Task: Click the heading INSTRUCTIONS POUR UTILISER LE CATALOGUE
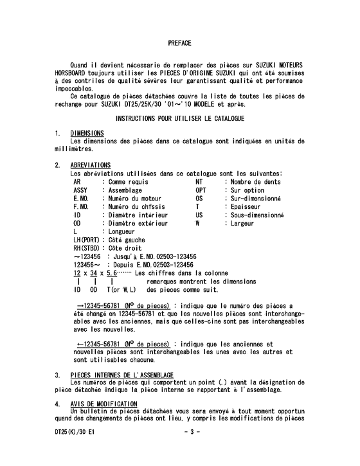click(x=179, y=120)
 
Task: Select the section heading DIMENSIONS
click(x=87, y=134)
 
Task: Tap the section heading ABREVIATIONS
click(x=91, y=165)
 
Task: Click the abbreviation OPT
click(x=201, y=190)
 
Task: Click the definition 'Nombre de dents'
click(x=255, y=182)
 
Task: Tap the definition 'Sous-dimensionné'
click(x=257, y=215)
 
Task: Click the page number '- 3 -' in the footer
click(x=192, y=432)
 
